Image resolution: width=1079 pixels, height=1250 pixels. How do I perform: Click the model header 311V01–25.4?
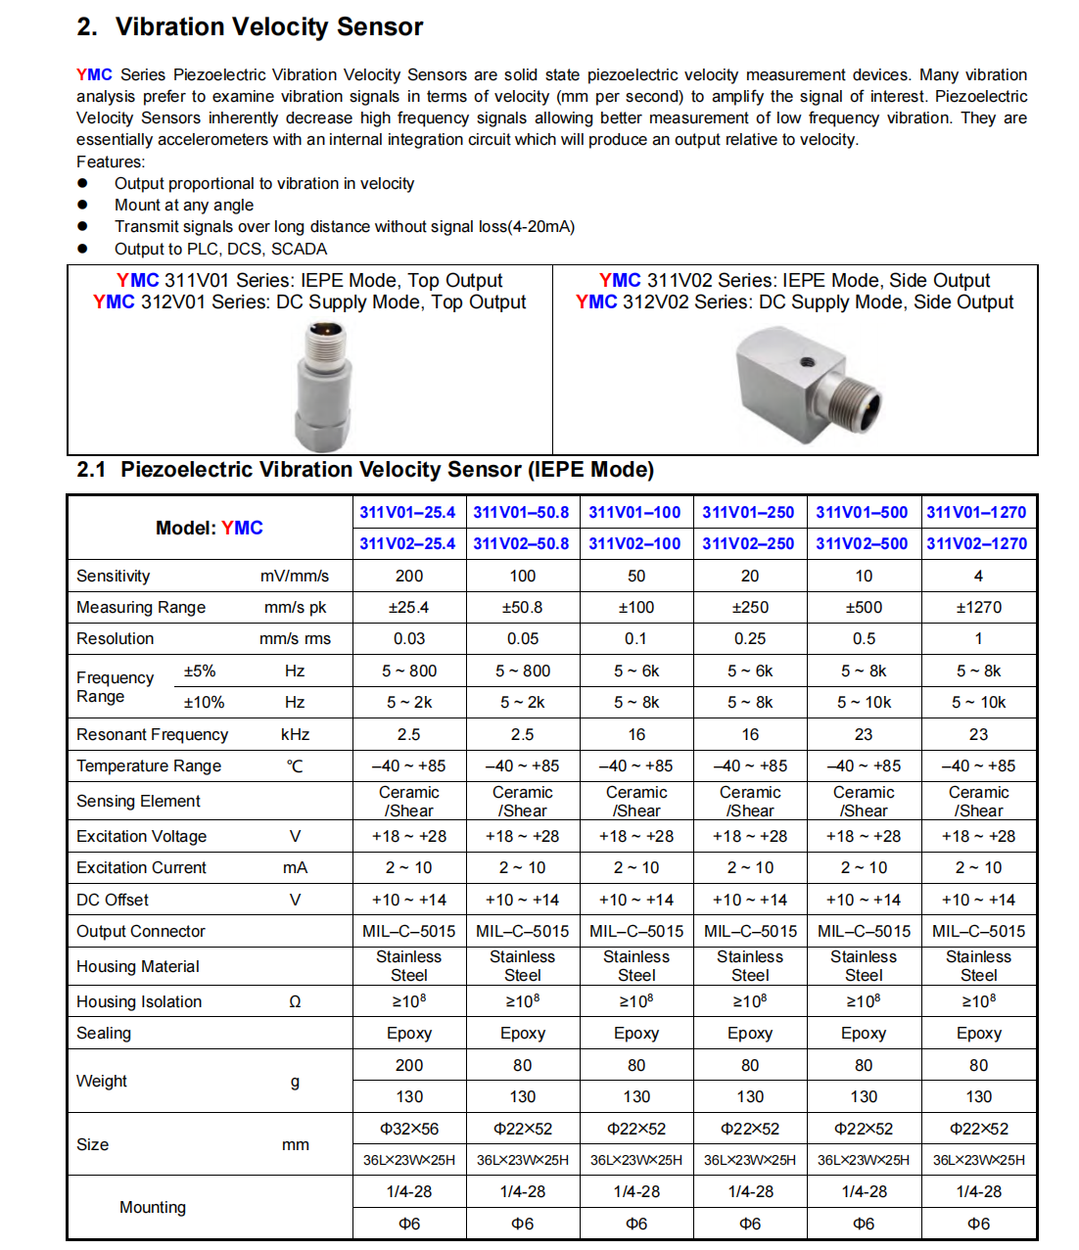pyautogui.click(x=407, y=512)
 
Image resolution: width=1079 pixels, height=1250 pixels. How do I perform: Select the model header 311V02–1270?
pyautogui.click(x=976, y=543)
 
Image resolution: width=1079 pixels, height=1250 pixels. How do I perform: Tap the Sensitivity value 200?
pyautogui.click(x=409, y=576)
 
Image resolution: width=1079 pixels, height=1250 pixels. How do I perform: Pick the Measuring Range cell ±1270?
pyautogui.click(x=978, y=607)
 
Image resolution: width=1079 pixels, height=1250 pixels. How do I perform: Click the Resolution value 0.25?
pyautogui.click(x=750, y=638)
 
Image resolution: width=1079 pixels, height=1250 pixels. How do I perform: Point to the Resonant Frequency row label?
pyautogui.click(x=152, y=734)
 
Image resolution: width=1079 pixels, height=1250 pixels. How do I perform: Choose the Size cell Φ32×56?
pyautogui.click(x=409, y=1129)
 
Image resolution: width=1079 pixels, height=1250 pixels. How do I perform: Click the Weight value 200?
pyautogui.click(x=409, y=1065)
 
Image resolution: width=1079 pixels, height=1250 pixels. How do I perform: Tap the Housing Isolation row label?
pyautogui.click(x=139, y=1001)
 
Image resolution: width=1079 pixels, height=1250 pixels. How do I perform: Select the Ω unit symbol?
pyautogui.click(x=295, y=1001)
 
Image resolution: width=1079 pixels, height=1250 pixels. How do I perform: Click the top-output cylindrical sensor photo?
pyautogui.click(x=324, y=387)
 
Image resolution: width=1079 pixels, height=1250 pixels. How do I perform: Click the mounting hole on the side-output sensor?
pyautogui.click(x=807, y=361)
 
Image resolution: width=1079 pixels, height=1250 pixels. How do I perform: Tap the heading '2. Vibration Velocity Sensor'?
pyautogui.click(x=250, y=26)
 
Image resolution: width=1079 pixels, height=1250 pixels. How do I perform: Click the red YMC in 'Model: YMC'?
pyautogui.click(x=242, y=528)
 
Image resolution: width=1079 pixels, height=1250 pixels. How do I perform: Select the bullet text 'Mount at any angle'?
pyautogui.click(x=184, y=205)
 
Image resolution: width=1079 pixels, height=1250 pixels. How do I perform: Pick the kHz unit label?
pyautogui.click(x=295, y=734)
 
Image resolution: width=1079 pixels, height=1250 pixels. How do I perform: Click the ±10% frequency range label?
pyautogui.click(x=204, y=702)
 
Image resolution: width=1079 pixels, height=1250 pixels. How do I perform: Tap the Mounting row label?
pyautogui.click(x=152, y=1207)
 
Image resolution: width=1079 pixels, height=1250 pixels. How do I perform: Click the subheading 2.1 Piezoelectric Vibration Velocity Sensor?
pyautogui.click(x=365, y=470)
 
